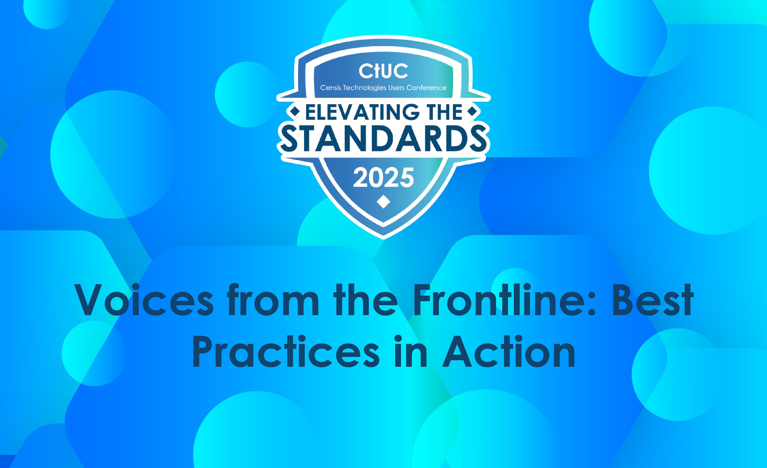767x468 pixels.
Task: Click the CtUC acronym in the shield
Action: pyautogui.click(x=383, y=71)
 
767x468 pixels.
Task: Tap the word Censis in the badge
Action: pyautogui.click(x=331, y=88)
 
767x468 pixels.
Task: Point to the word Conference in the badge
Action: pyautogui.click(x=426, y=88)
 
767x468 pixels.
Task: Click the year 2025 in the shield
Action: pyautogui.click(x=383, y=178)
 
